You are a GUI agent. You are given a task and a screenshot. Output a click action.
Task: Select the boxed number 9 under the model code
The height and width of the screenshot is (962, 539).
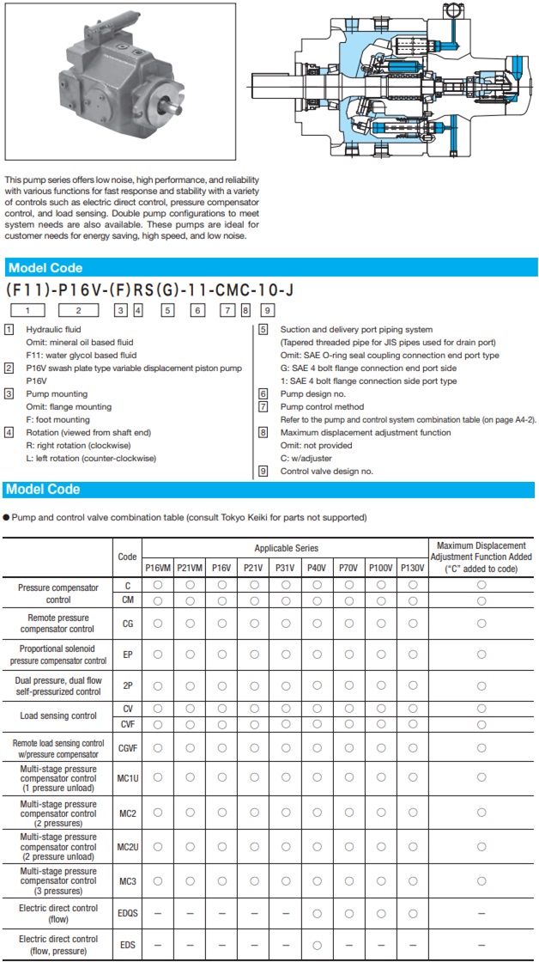(269, 310)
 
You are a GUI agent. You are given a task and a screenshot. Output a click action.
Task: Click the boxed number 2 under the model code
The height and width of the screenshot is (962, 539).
(79, 310)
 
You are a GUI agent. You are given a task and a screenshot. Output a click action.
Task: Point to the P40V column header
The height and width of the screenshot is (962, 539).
(317, 568)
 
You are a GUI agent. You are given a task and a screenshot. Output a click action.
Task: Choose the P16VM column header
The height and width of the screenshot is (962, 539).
(158, 568)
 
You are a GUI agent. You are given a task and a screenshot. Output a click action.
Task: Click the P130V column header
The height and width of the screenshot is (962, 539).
(412, 568)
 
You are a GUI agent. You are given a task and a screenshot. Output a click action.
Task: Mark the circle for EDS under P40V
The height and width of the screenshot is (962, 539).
(317, 945)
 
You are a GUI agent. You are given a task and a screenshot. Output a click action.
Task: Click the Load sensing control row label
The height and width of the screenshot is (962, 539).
(58, 715)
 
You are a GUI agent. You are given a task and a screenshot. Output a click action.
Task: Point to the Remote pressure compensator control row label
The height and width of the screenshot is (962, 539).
(58, 624)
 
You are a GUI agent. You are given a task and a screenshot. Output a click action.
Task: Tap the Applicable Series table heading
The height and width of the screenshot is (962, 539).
(286, 547)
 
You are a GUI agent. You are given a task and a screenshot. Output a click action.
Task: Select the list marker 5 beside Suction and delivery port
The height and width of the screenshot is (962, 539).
(263, 330)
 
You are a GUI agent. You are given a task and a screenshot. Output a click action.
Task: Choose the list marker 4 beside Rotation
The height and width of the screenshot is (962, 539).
(9, 433)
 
